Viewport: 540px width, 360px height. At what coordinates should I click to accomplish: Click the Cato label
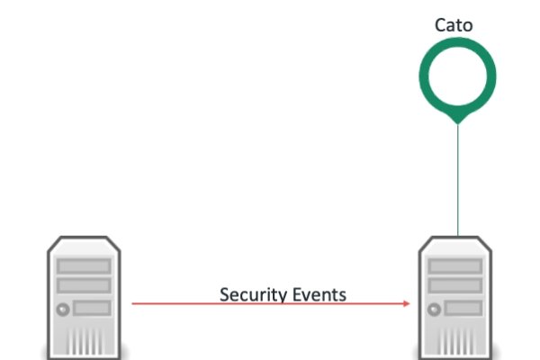coord(454,25)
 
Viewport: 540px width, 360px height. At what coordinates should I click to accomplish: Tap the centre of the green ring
coord(457,76)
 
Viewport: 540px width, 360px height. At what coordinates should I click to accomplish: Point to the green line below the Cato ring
coord(457,180)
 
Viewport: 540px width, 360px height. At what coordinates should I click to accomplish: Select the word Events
coord(317,294)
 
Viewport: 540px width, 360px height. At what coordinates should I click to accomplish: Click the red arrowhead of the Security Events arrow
coord(407,304)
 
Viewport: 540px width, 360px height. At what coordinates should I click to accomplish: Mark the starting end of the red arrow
coord(134,304)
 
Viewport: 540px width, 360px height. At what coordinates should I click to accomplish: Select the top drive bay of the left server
coord(84,266)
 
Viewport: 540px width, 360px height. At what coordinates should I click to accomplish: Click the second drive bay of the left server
coord(84,285)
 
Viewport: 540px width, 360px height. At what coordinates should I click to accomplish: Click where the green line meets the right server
coord(457,235)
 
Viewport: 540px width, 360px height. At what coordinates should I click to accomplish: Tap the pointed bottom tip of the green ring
coord(457,121)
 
